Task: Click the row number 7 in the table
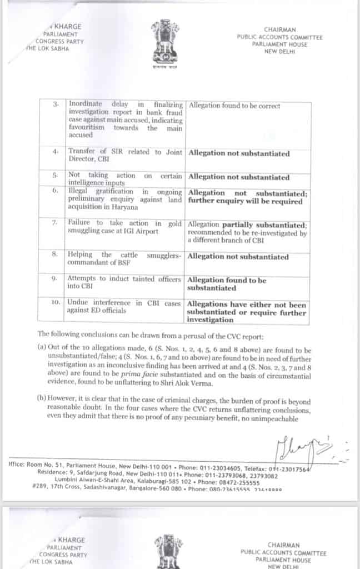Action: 54,223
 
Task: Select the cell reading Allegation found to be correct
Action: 234,106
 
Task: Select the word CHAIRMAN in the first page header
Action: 279,29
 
